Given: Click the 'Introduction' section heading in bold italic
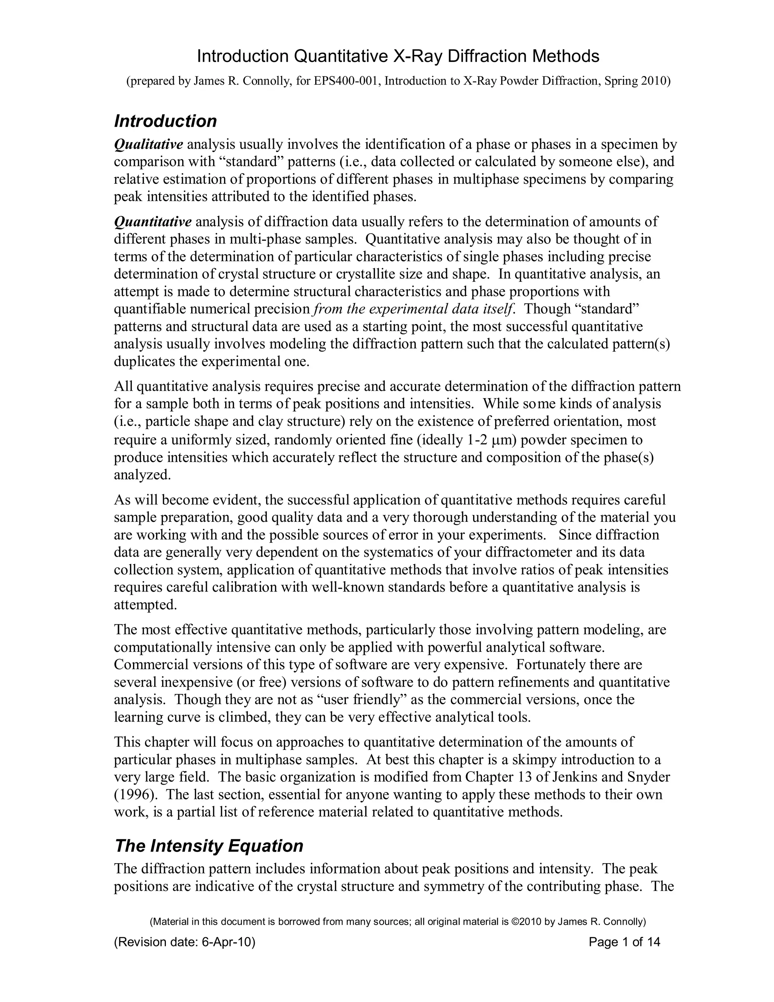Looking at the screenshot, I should tap(165, 121).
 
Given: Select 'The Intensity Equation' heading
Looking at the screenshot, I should tap(209, 845).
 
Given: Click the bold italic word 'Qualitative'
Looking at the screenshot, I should tap(148, 144).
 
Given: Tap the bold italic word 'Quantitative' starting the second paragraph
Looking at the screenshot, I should tap(152, 222).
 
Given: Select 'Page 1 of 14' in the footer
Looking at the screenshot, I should tap(624, 942).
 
